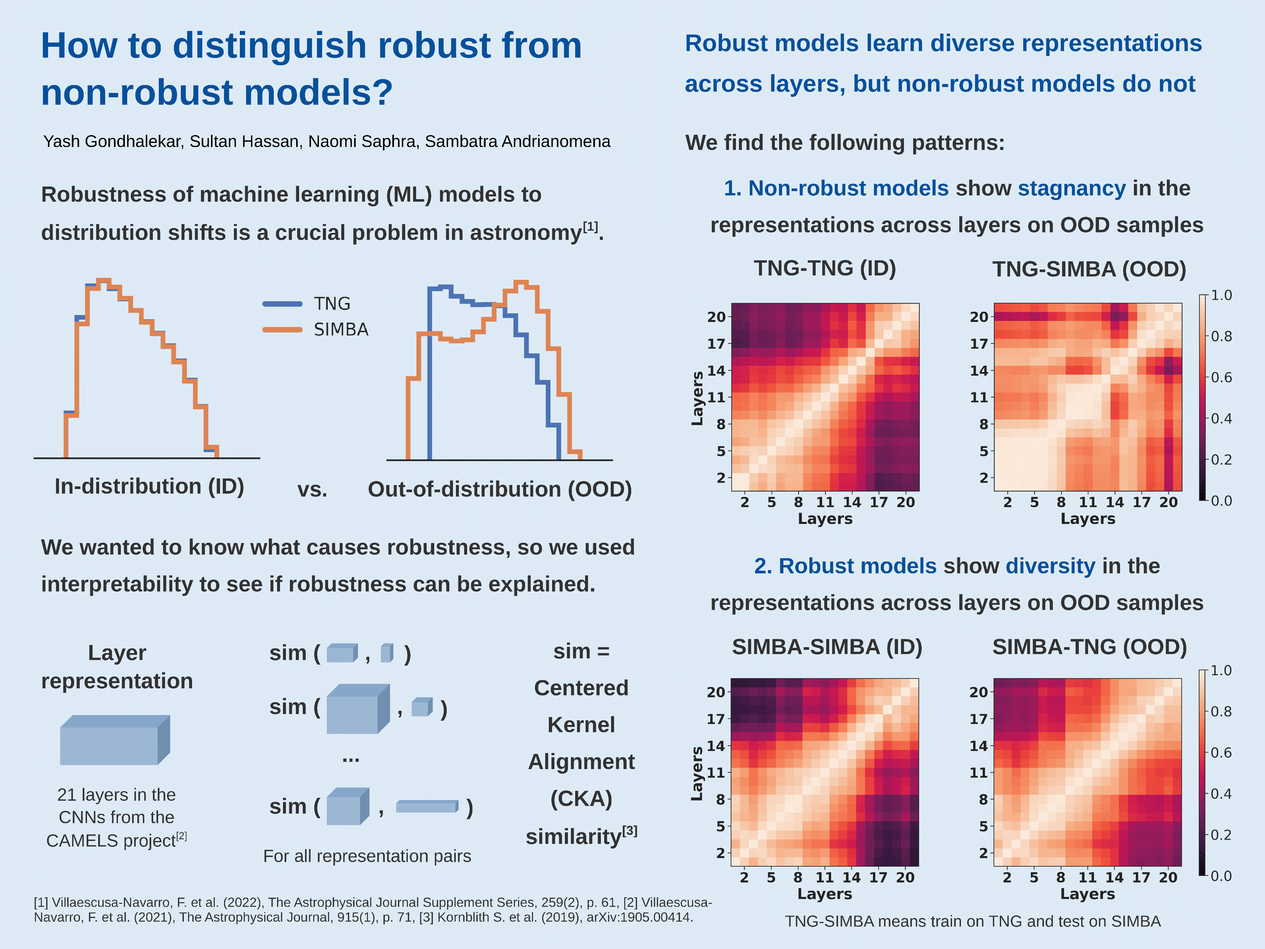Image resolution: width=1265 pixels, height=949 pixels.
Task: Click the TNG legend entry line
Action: (x=283, y=304)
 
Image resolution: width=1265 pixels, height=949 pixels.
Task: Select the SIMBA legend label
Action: (x=341, y=330)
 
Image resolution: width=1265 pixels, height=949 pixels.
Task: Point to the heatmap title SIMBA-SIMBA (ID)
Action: (x=827, y=647)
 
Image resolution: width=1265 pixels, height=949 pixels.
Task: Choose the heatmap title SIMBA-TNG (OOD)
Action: (x=1089, y=647)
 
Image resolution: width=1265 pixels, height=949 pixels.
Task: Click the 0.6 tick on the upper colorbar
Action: (x=1221, y=378)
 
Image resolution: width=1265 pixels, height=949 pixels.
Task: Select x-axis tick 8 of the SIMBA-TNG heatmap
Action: (x=1060, y=877)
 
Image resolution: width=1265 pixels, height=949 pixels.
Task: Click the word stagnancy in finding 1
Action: (x=1071, y=188)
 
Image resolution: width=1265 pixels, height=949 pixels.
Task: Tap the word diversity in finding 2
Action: (x=1050, y=566)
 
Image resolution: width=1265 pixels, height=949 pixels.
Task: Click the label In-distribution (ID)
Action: (x=149, y=486)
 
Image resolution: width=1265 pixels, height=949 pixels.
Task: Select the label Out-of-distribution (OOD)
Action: (x=499, y=490)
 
